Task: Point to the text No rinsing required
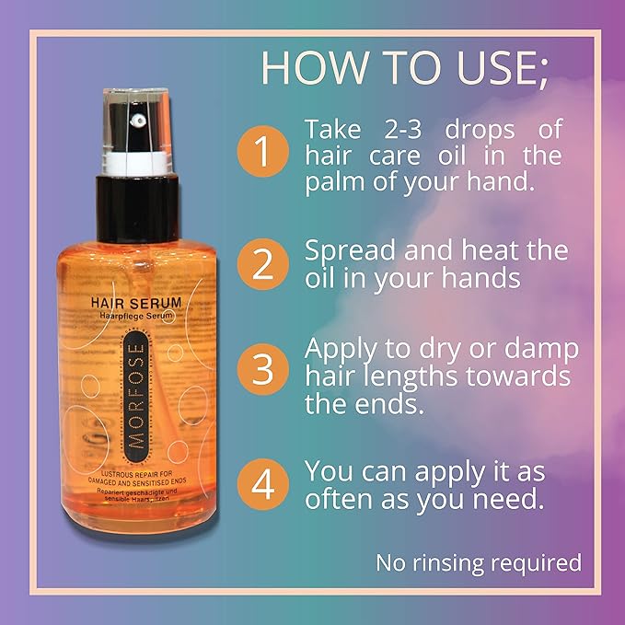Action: click(x=478, y=561)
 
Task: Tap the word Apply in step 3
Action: click(x=346, y=351)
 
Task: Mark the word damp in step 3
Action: click(x=538, y=351)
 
